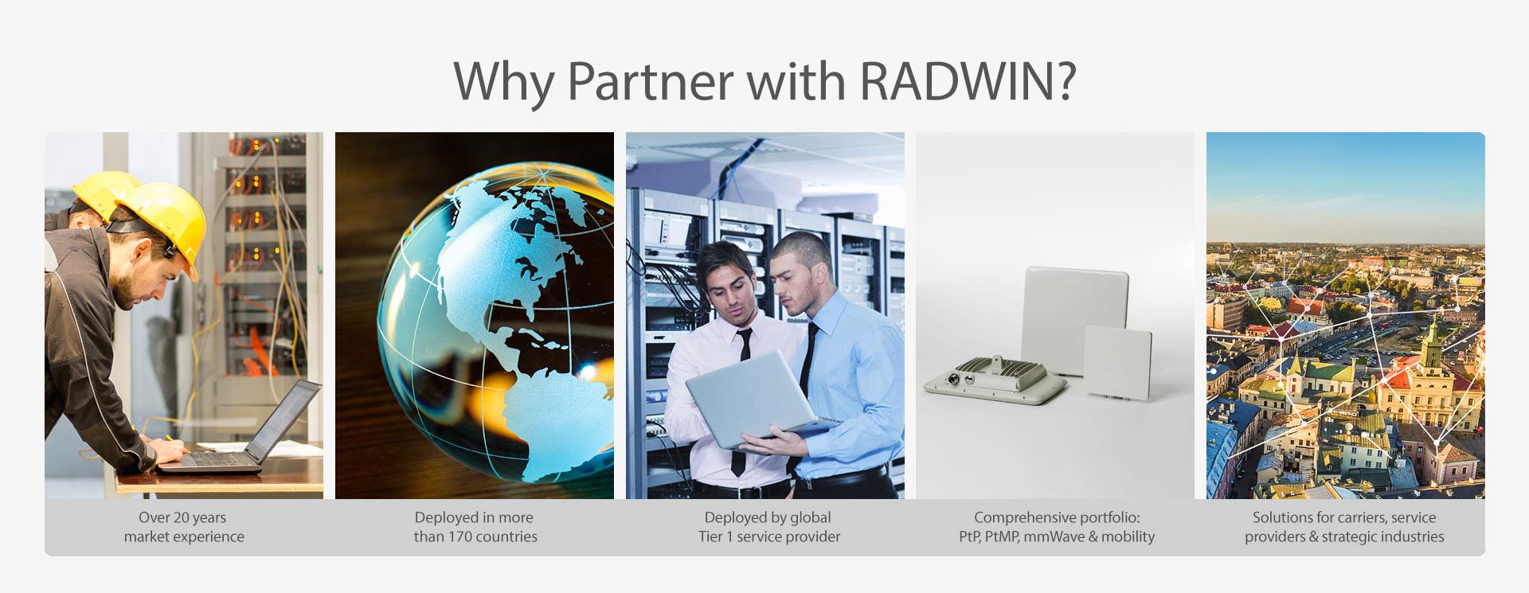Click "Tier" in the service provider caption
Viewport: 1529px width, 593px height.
711,536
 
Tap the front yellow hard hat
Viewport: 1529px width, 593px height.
160,224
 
